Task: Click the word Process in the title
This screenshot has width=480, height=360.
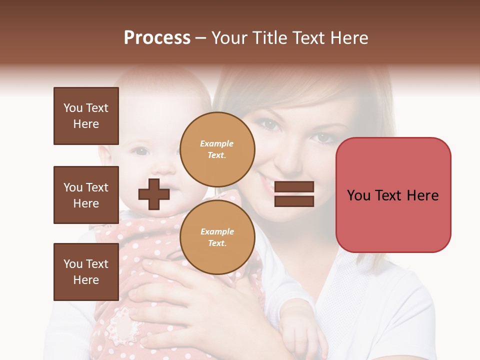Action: coord(157,38)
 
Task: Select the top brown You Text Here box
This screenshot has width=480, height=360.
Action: coord(86,116)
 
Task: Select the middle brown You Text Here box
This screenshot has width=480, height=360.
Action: coord(86,195)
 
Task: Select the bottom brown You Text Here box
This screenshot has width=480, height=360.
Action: coord(86,272)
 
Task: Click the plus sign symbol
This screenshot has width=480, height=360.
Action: coord(154,194)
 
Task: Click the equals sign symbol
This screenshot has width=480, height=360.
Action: coord(294,194)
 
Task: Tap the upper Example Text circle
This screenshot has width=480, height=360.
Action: coord(217,149)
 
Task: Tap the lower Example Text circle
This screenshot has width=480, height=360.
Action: coord(217,237)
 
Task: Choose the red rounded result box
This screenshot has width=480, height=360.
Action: coord(393,195)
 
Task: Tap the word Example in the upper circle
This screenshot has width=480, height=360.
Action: coord(217,144)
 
